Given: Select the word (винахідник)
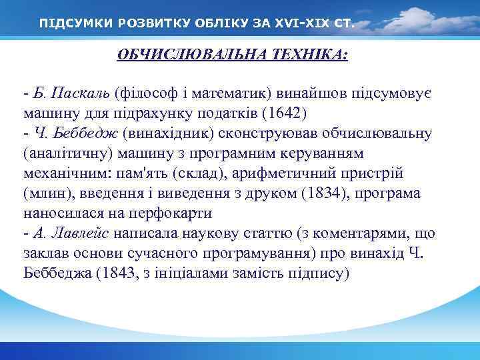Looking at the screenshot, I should [x=155, y=133].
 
